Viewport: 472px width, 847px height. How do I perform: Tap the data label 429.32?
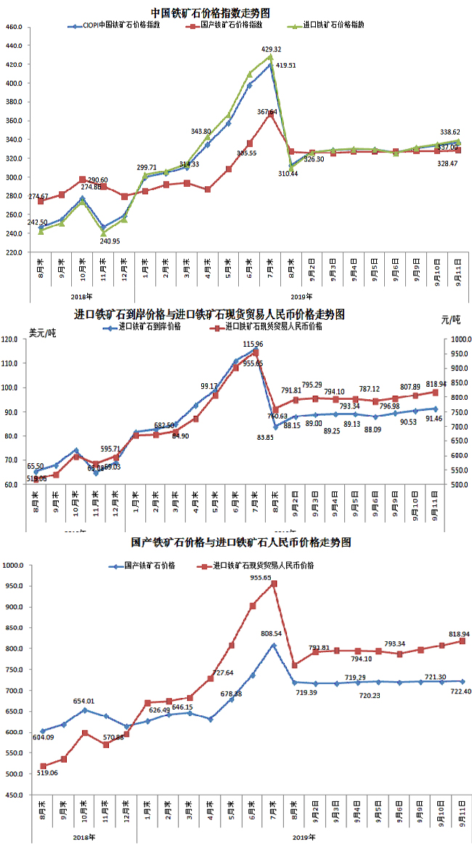tap(271, 49)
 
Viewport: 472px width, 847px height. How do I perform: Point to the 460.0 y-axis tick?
tap(14, 27)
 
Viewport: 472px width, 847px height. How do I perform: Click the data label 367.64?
tap(267, 112)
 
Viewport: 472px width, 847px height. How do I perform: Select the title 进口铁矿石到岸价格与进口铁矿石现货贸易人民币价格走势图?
tap(209, 314)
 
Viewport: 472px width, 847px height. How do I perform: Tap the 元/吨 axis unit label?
tap(451, 320)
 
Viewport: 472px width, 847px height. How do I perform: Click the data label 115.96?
tap(253, 344)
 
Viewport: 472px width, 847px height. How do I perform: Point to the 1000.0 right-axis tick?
tap(459, 340)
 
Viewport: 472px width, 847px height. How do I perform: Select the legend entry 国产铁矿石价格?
tap(150, 565)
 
